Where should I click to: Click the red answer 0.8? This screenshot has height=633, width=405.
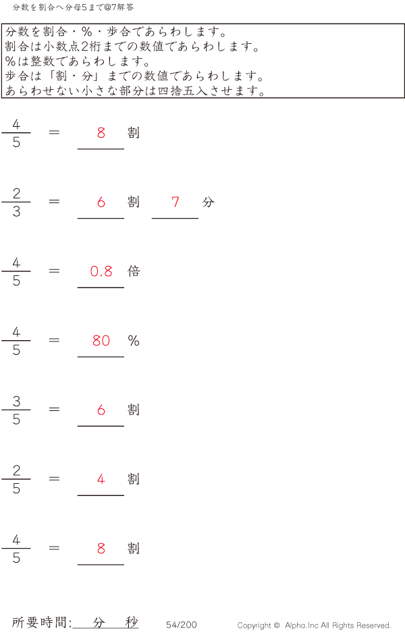(x=101, y=271)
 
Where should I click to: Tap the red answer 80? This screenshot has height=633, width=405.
(x=101, y=341)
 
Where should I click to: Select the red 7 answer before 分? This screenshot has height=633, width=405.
(x=175, y=202)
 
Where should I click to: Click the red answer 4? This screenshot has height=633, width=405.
(x=101, y=480)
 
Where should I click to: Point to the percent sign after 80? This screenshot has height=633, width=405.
(x=134, y=341)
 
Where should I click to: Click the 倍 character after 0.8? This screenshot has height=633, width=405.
(x=134, y=271)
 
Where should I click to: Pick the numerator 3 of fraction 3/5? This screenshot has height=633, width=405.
(x=16, y=402)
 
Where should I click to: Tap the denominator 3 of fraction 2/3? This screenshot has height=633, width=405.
(x=16, y=212)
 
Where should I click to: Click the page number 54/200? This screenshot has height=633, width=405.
(x=182, y=625)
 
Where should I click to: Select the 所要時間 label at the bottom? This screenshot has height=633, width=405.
(x=41, y=622)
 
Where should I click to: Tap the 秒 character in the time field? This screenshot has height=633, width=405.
(x=131, y=622)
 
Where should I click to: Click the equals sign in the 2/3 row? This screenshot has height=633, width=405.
(x=55, y=201)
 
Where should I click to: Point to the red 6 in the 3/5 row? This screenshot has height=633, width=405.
(x=101, y=410)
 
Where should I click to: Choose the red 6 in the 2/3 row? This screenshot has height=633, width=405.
(x=101, y=202)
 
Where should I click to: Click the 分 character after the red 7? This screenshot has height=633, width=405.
(x=208, y=202)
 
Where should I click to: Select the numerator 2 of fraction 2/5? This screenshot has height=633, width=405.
(x=16, y=471)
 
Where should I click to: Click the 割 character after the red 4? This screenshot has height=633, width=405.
(x=134, y=479)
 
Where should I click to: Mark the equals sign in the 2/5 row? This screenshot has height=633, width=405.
(x=55, y=478)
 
